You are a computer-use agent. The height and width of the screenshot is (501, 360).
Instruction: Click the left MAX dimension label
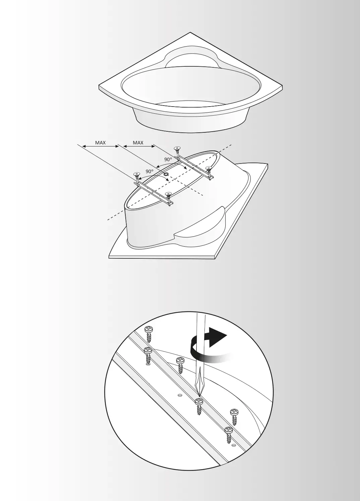pyautogui.click(x=100, y=143)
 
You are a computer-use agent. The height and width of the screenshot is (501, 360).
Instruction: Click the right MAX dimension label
pyautogui.click(x=138, y=143)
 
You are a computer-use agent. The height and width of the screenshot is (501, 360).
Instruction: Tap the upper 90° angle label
pyautogui.click(x=168, y=159)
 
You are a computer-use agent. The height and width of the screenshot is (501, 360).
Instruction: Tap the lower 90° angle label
pyautogui.click(x=149, y=171)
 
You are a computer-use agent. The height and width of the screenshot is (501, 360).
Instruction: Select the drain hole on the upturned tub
pyautogui.click(x=166, y=174)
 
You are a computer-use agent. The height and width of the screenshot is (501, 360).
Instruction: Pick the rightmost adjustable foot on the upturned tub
pyautogui.click(x=209, y=168)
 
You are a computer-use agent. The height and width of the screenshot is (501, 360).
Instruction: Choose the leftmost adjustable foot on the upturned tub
pyautogui.click(x=136, y=174)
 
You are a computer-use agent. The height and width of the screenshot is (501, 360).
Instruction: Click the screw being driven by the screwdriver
pyautogui.click(x=199, y=401)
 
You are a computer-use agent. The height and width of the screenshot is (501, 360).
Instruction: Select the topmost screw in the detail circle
pyautogui.click(x=148, y=330)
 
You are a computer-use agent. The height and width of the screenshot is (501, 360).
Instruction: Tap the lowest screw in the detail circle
pyautogui.click(x=229, y=430)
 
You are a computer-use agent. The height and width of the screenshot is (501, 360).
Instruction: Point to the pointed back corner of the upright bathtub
pyautogui.click(x=190, y=33)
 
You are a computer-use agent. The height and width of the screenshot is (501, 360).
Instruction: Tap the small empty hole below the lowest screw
pyautogui.click(x=234, y=445)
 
